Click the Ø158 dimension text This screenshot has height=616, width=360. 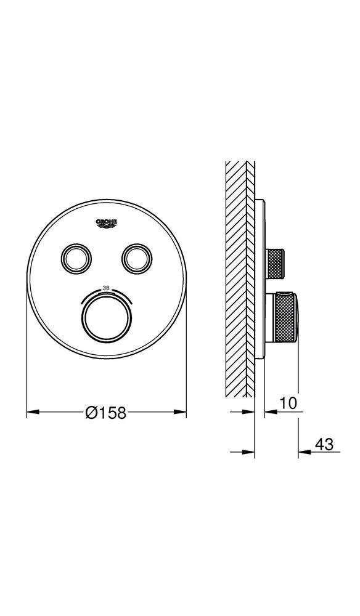click(x=106, y=413)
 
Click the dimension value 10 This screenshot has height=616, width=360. click(x=288, y=403)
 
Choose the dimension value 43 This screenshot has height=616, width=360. click(x=324, y=444)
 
